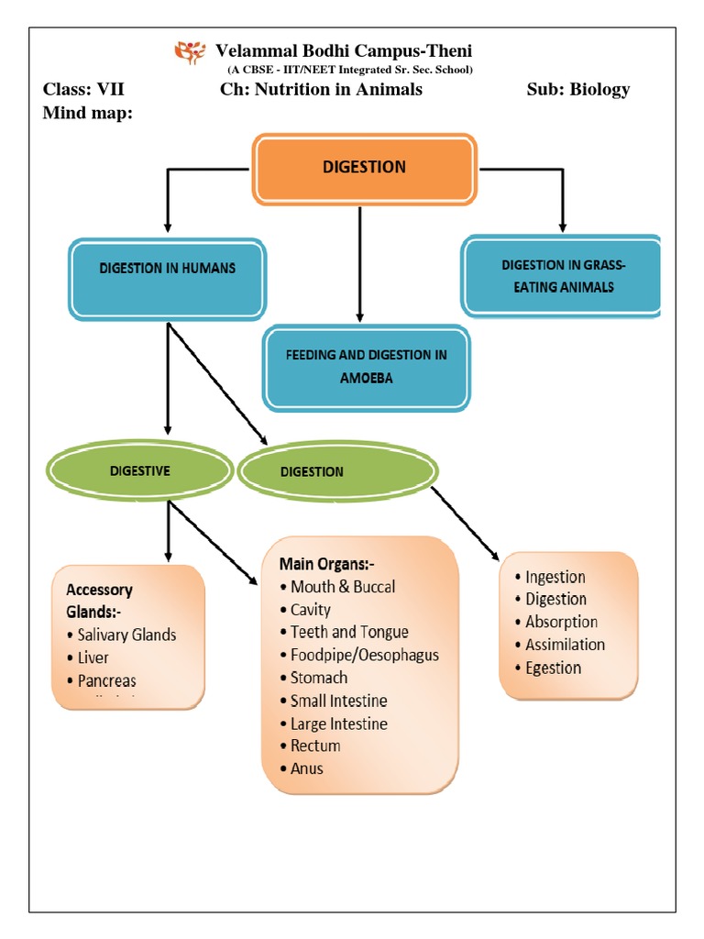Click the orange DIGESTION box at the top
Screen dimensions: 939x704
(x=364, y=169)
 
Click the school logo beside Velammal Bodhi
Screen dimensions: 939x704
(x=191, y=53)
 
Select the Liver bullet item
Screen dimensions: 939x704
(x=93, y=657)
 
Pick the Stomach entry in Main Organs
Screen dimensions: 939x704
(x=318, y=678)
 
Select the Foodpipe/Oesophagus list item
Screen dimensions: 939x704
(x=364, y=655)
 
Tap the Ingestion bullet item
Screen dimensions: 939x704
(x=555, y=577)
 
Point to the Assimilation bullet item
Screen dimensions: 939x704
(x=565, y=645)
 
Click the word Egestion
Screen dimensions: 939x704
(x=553, y=668)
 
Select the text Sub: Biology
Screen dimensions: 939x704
(x=578, y=89)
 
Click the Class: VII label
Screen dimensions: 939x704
(x=83, y=89)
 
